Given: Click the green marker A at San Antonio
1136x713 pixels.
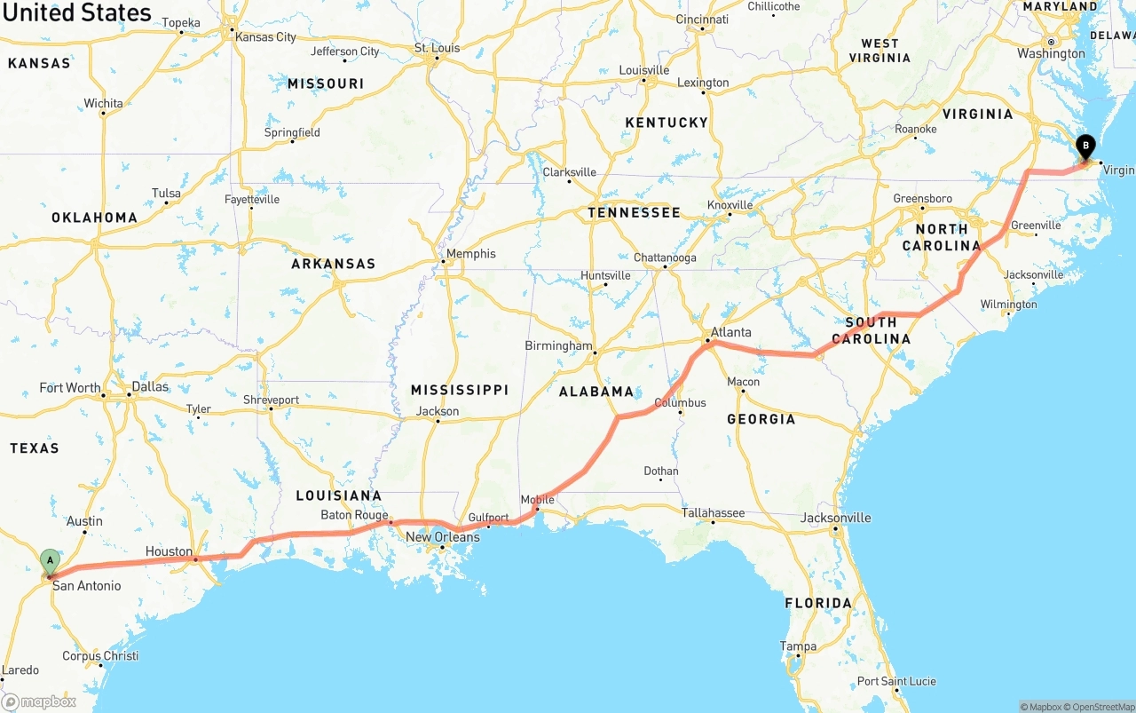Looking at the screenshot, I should point(51,561).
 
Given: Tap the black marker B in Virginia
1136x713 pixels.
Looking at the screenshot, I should point(1085,147).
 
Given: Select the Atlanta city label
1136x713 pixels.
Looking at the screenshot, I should point(730,333).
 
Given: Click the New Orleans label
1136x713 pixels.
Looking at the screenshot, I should point(442,537).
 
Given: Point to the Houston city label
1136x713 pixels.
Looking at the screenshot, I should point(169,551).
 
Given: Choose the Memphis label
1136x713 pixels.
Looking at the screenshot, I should point(470,254).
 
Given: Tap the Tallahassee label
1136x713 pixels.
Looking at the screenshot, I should point(713,513).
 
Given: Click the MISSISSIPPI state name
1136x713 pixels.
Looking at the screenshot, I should point(459,390).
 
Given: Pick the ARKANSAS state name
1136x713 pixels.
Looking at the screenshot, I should point(333,264).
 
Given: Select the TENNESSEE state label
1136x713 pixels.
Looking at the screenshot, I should point(634,212).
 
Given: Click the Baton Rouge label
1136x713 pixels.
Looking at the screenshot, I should point(354,515).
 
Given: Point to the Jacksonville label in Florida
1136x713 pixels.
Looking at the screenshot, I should point(835,518).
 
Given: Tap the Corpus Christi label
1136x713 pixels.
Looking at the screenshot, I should point(100,656).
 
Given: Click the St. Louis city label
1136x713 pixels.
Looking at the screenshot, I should point(438,48).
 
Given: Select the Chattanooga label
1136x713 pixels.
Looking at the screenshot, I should point(665,258).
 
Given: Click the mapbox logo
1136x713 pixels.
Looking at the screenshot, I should point(39,701).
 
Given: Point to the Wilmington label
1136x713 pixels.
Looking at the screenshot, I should point(1008,305).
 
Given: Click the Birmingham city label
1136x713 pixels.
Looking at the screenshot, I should point(558,345).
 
